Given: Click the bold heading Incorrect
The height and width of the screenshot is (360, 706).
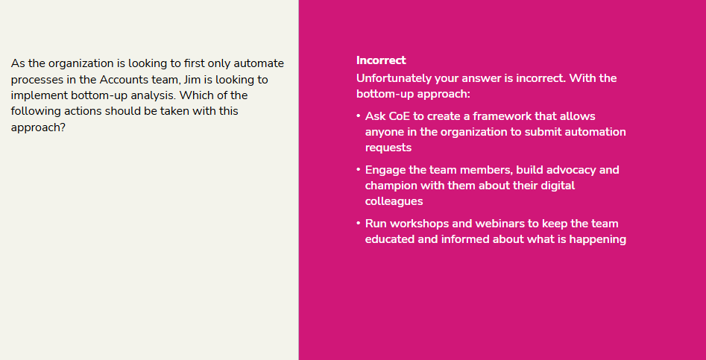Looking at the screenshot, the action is (381, 60).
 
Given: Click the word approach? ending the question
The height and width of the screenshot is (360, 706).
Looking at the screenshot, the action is (38, 127).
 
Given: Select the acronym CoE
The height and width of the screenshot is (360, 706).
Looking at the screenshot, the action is (400, 116).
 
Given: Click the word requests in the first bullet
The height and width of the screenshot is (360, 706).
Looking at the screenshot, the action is (388, 148).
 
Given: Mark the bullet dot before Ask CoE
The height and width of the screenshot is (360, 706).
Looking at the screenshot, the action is (359, 116).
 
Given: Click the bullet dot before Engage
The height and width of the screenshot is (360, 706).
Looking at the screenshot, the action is (359, 169).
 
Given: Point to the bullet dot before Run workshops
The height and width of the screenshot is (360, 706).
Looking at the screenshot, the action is (359, 223).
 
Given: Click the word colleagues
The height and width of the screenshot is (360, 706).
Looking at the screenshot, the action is (394, 201).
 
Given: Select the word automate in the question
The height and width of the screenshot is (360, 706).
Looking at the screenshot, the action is (259, 63).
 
